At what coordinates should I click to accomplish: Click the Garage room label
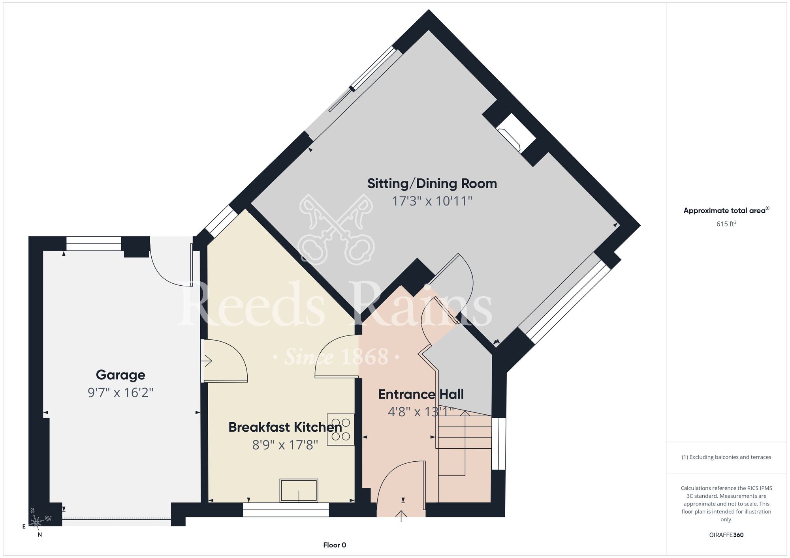(x=120, y=375)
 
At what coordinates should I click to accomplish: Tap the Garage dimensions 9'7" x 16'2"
(x=120, y=393)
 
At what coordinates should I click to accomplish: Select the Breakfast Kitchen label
(x=285, y=427)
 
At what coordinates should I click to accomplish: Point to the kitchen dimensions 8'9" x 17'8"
(x=285, y=445)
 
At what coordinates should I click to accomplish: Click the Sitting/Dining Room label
(x=432, y=184)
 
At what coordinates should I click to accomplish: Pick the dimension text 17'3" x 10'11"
(x=432, y=201)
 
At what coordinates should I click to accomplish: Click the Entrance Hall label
(x=421, y=394)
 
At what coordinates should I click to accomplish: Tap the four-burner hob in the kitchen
(x=340, y=429)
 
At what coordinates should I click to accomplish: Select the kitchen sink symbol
(x=299, y=491)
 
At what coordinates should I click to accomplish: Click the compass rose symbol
(x=37, y=522)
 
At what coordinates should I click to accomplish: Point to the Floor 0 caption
(x=335, y=545)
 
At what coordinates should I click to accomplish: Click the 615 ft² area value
(x=726, y=224)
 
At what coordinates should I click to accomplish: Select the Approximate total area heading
(x=726, y=210)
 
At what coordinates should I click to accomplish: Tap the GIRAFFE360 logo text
(x=726, y=535)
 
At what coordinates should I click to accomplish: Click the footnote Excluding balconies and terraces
(x=726, y=457)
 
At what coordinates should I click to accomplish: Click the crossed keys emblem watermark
(x=336, y=230)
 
